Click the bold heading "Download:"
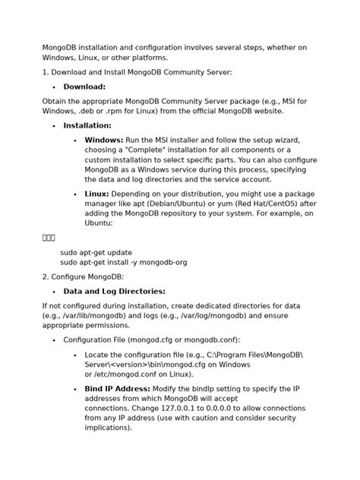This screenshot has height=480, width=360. click(x=84, y=87)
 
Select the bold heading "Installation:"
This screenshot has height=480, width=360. click(x=87, y=126)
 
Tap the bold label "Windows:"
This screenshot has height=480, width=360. click(x=104, y=141)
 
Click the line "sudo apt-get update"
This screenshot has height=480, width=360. click(x=96, y=252)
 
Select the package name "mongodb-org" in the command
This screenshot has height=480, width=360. click(x=164, y=262)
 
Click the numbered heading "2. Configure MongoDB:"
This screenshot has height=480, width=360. click(x=83, y=277)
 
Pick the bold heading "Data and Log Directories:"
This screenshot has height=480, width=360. click(x=114, y=292)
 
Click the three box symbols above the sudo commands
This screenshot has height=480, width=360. click(x=49, y=238)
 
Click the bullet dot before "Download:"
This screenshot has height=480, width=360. click(x=54, y=88)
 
